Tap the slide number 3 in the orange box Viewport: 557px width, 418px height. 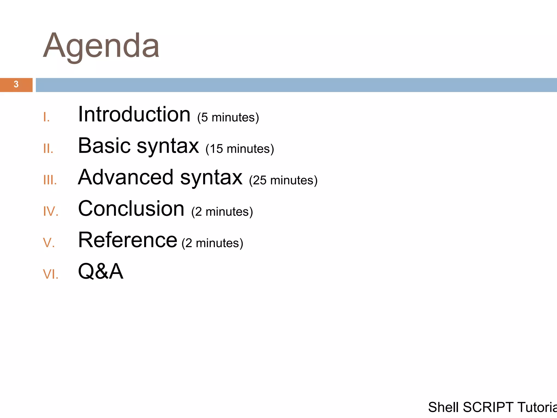(16, 85)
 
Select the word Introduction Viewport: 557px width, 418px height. (134, 115)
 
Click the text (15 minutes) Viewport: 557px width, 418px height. (240, 149)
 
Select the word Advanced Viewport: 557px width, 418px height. (126, 177)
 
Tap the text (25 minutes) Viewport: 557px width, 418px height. (283, 180)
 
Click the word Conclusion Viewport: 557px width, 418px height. (131, 209)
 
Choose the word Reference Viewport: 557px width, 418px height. (128, 240)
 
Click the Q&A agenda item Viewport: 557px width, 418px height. (101, 271)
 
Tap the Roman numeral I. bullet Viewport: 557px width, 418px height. (47, 118)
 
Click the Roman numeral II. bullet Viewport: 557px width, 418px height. (48, 149)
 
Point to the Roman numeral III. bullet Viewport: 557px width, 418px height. (50, 180)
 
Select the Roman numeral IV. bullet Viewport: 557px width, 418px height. (51, 212)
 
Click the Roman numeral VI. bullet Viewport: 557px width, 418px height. (51, 274)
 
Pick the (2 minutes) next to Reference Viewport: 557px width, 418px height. (212, 243)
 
